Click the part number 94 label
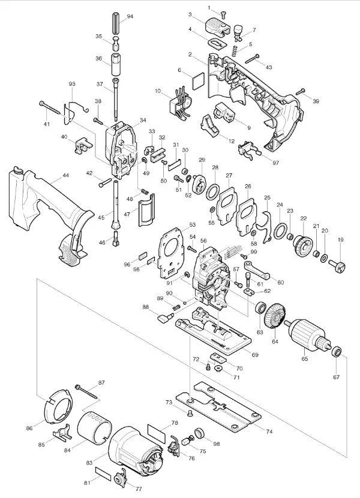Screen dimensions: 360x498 tap(130, 17)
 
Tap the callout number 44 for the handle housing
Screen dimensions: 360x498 tap(66, 175)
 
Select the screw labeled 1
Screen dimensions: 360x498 tap(223, 14)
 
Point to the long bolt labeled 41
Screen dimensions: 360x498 tap(50, 107)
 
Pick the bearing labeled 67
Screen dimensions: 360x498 tap(336, 352)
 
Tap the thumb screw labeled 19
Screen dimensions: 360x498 tap(337, 266)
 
